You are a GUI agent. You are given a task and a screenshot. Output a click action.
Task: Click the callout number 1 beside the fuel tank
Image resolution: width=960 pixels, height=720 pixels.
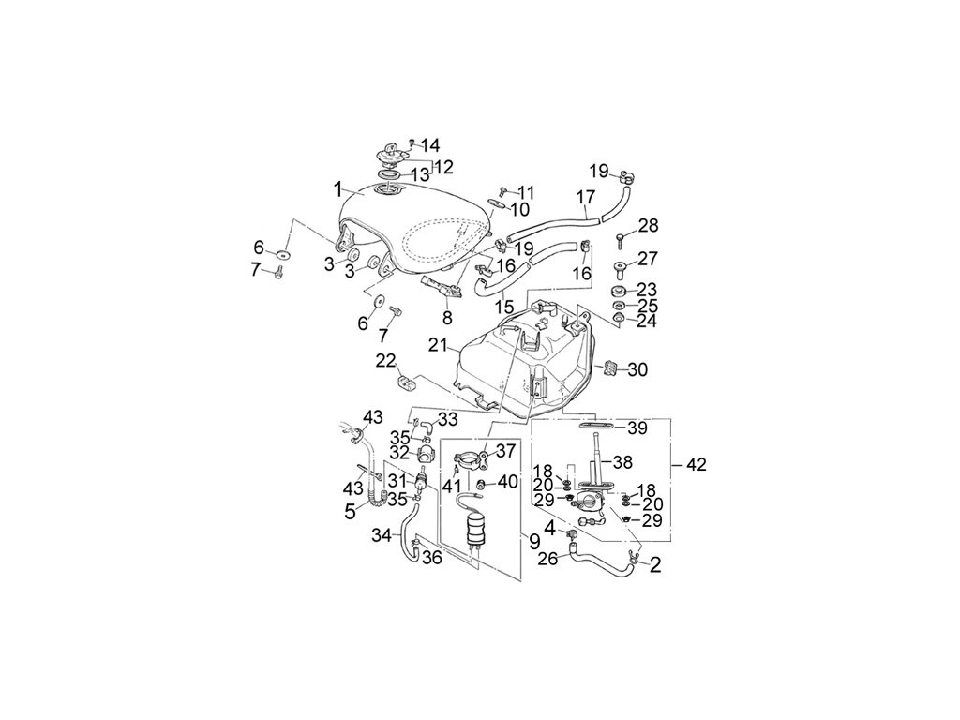(x=337, y=188)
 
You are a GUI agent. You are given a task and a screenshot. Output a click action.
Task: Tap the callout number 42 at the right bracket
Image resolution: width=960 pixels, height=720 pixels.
(x=697, y=464)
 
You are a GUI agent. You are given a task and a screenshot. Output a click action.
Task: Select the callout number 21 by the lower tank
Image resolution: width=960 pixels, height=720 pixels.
(x=438, y=345)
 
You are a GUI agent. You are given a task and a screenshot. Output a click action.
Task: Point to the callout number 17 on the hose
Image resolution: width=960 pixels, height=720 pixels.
(x=585, y=198)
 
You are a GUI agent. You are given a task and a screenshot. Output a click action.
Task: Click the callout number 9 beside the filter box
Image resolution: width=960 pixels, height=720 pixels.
(x=533, y=541)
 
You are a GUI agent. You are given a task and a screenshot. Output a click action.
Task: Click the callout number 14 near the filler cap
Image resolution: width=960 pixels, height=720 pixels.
(x=430, y=145)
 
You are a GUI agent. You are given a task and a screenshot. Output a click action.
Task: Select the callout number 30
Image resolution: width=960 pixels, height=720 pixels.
(x=637, y=370)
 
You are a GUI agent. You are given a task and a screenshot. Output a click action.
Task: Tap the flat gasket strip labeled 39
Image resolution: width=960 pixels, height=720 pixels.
(x=597, y=427)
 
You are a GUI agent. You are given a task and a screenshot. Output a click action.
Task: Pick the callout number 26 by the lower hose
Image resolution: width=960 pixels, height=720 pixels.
(x=547, y=560)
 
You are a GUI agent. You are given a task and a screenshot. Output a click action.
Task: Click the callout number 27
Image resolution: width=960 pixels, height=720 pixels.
(x=648, y=259)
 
